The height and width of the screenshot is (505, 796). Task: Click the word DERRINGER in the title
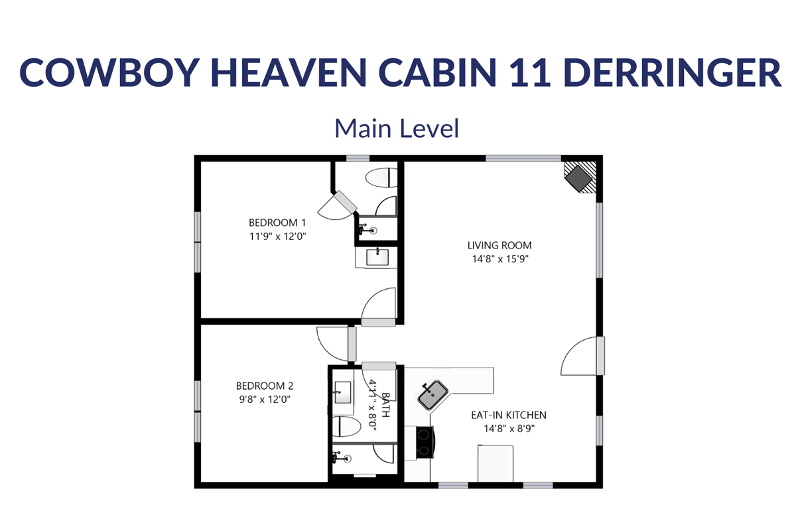pos(672,72)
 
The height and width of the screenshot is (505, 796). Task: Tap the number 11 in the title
pos(530,72)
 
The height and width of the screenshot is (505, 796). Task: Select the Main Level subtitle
pos(397,128)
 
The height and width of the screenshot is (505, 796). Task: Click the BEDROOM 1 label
pos(277,223)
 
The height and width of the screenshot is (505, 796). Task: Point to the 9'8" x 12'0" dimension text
pos(265,400)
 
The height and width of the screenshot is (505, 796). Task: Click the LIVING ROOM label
pos(499,245)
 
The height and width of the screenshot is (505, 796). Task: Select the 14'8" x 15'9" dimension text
pos(500,259)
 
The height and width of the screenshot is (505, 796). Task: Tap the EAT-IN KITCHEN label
pos(509,415)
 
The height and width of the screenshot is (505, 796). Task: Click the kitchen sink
pos(432,395)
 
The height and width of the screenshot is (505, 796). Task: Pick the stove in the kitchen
pos(425,442)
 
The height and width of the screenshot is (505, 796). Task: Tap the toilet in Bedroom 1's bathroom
pos(381,178)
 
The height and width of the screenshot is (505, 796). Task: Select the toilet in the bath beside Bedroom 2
pos(346,427)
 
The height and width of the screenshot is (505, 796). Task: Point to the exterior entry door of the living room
pos(583,355)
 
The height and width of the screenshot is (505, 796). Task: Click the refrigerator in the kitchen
pos(496,463)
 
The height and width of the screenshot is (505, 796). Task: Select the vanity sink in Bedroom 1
pos(377,257)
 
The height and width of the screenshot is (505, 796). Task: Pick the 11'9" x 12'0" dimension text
pos(277,236)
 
